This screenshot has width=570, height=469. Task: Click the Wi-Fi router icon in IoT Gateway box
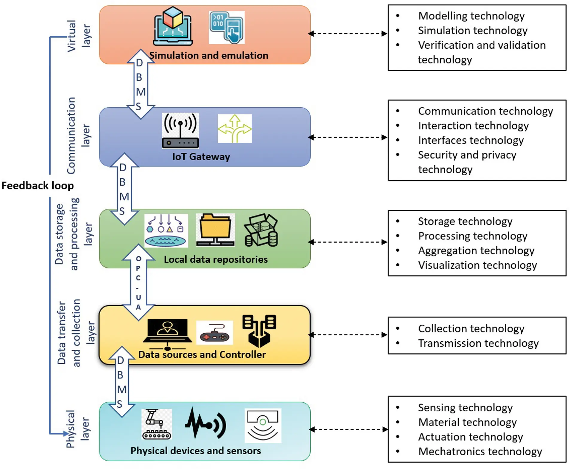[180, 130]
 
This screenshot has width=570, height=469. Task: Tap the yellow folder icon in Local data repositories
[215, 230]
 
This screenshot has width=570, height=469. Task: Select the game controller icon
[214, 333]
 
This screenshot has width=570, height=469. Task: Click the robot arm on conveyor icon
[156, 424]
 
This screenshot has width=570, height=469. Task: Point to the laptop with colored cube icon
[173, 27]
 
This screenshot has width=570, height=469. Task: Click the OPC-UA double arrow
[138, 282]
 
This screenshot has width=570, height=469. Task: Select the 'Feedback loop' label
[38, 186]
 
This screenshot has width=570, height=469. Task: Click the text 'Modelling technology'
[471, 16]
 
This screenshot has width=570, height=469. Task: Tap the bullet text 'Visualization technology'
[477, 265]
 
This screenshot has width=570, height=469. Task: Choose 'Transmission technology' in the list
[478, 343]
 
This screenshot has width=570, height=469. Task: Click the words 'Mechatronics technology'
[480, 451]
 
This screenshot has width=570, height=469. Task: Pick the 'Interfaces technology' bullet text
[471, 140]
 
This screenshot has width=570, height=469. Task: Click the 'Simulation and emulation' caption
[209, 55]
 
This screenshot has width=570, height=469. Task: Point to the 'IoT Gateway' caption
[201, 157]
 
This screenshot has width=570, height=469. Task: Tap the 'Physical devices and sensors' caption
[196, 451]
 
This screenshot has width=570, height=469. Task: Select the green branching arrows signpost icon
[235, 129]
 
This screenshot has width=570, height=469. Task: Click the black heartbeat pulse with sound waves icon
[206, 424]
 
